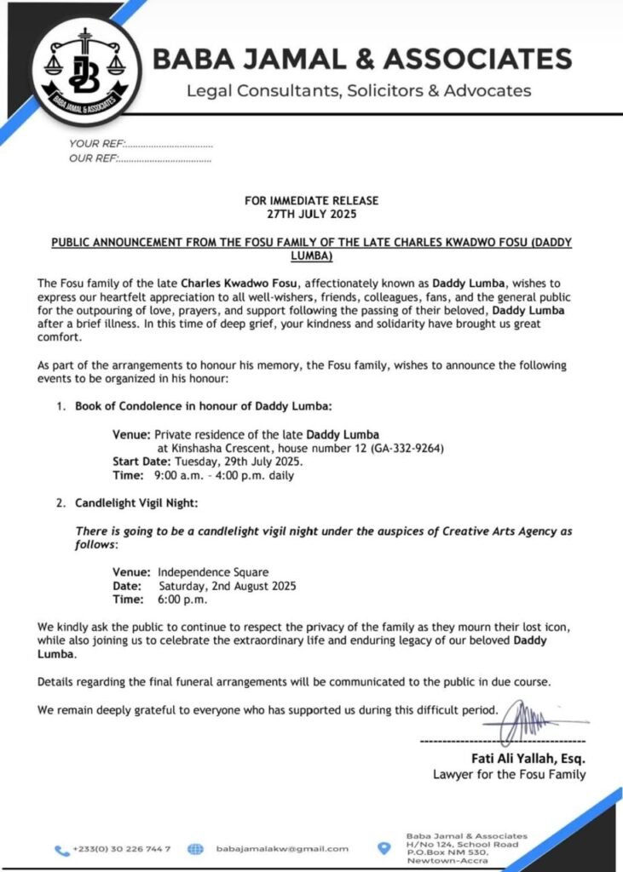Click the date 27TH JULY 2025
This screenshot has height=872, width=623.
coord(311,215)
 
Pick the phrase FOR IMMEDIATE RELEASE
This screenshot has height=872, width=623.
coord(311,201)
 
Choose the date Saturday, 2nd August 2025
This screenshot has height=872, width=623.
coord(228,586)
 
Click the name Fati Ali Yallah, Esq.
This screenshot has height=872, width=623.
coord(528,759)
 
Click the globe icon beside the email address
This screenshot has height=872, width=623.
coord(194,849)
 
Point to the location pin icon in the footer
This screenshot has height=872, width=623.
coord(384,848)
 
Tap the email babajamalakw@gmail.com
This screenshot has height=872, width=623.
coord(282,849)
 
